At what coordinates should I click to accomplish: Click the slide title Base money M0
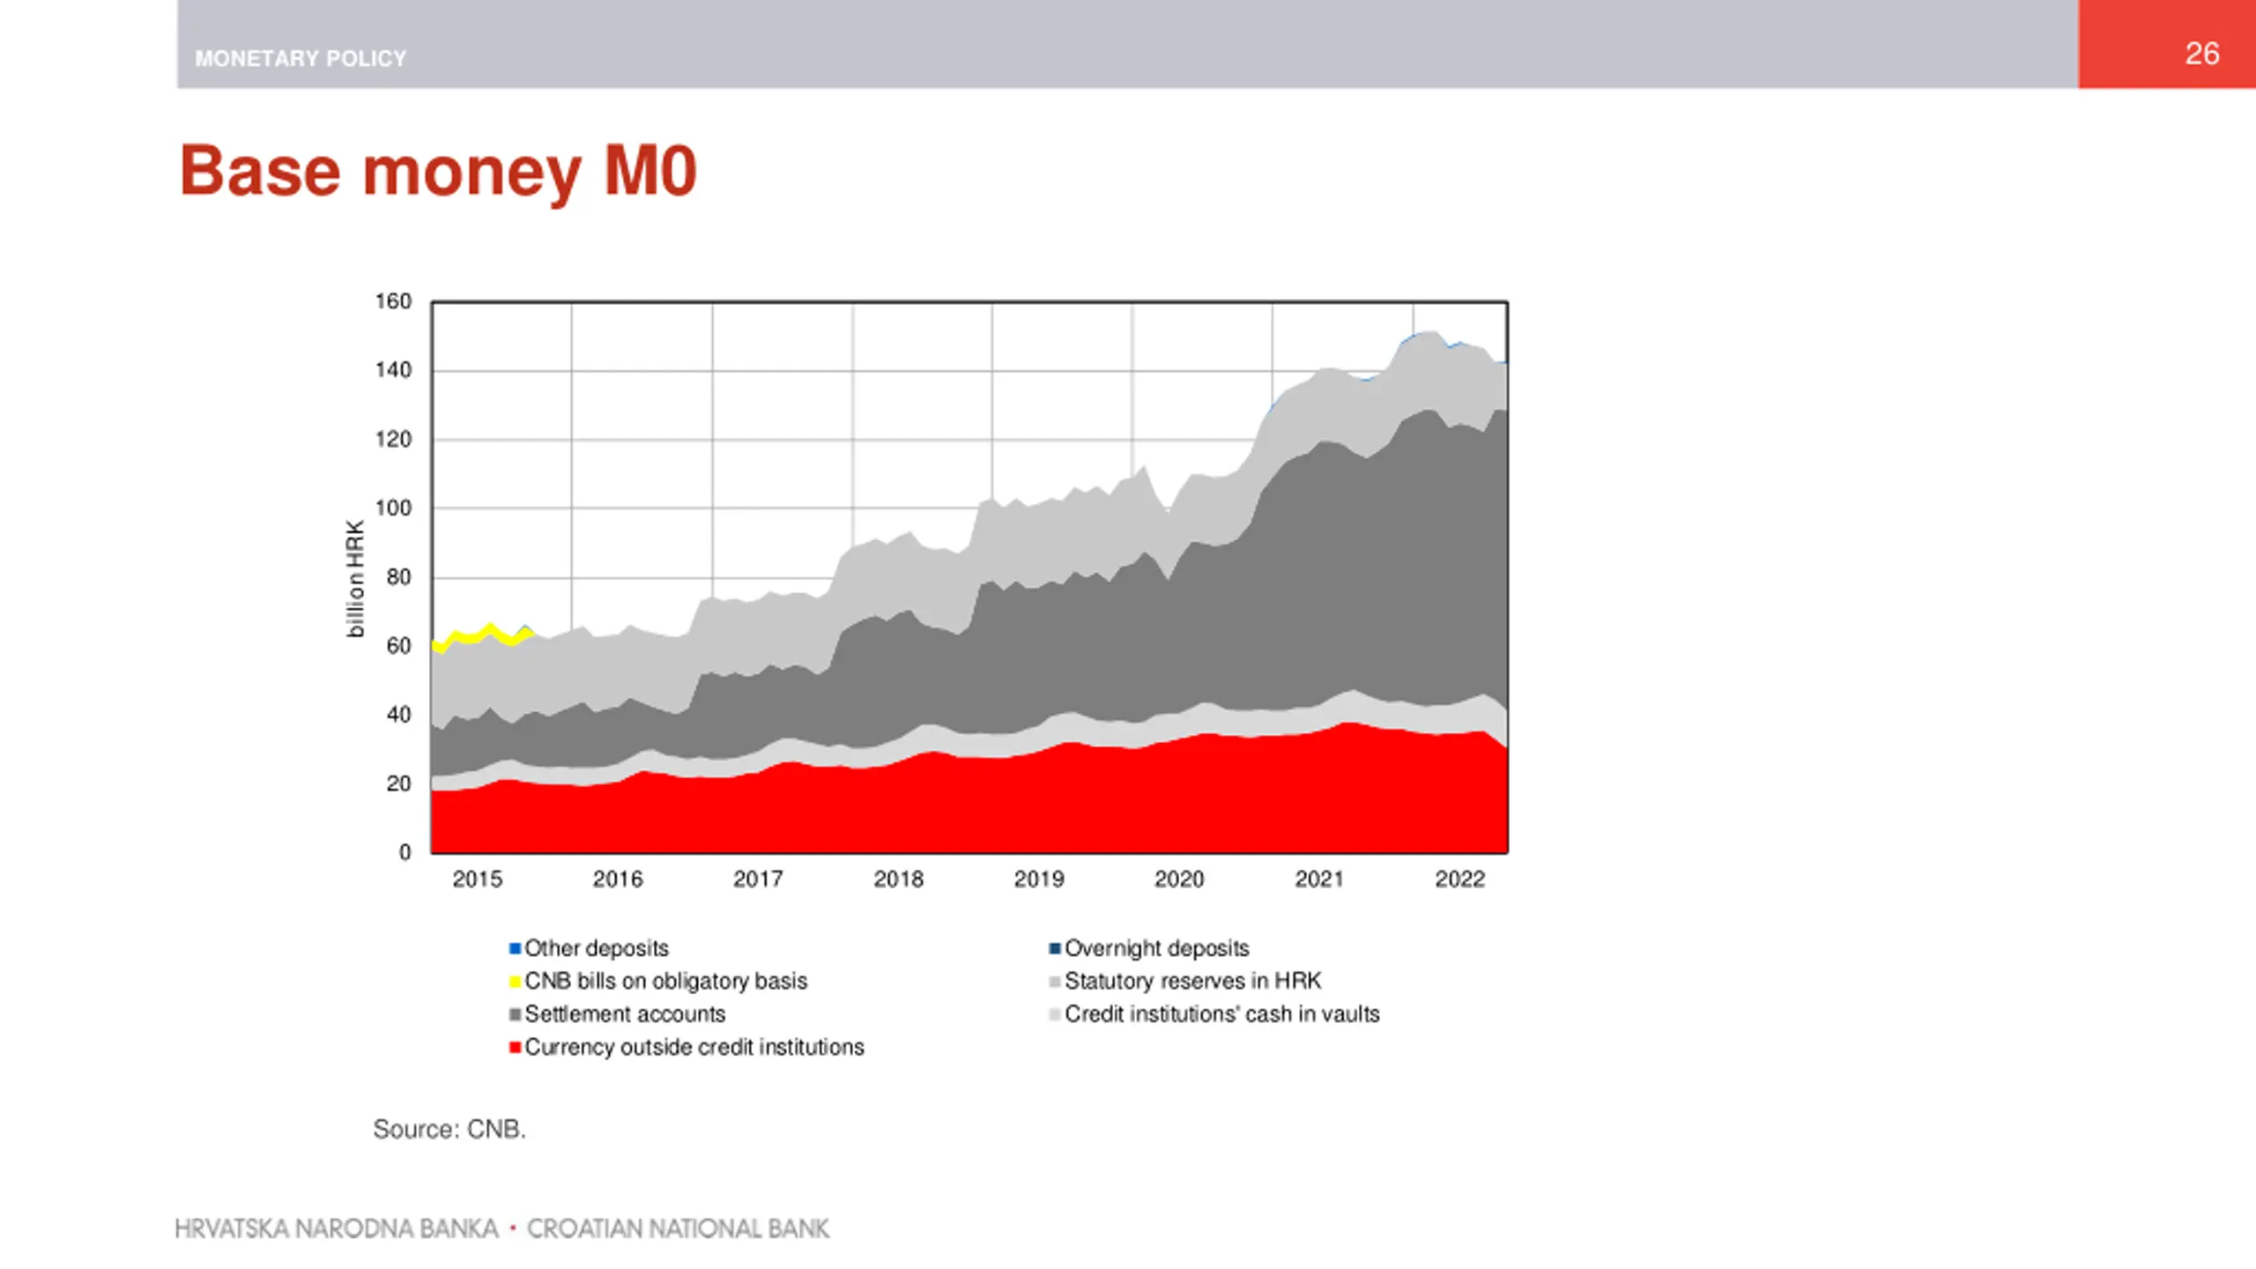pyautogui.click(x=438, y=171)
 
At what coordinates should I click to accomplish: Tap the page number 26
pyautogui.click(x=2201, y=54)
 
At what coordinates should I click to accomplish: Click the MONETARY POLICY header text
pyautogui.click(x=301, y=59)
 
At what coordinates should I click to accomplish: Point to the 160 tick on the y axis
pyautogui.click(x=393, y=301)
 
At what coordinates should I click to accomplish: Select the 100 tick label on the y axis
pyautogui.click(x=393, y=508)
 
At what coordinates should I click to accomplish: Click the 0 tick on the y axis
pyautogui.click(x=404, y=852)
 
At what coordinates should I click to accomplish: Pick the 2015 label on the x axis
pyautogui.click(x=477, y=879)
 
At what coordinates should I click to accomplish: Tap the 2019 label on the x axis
pyautogui.click(x=1038, y=879)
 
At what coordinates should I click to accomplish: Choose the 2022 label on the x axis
pyautogui.click(x=1459, y=879)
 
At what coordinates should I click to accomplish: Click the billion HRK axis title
pyautogui.click(x=354, y=579)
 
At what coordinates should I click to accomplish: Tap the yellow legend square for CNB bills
pyautogui.click(x=515, y=982)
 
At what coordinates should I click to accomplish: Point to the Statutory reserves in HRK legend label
pyautogui.click(x=1192, y=981)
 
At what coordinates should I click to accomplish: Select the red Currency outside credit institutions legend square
pyautogui.click(x=515, y=1048)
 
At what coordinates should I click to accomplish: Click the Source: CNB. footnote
pyautogui.click(x=449, y=1129)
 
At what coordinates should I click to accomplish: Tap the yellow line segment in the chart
pyautogui.click(x=490, y=629)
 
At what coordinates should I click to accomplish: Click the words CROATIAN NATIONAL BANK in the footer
pyautogui.click(x=678, y=1228)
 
